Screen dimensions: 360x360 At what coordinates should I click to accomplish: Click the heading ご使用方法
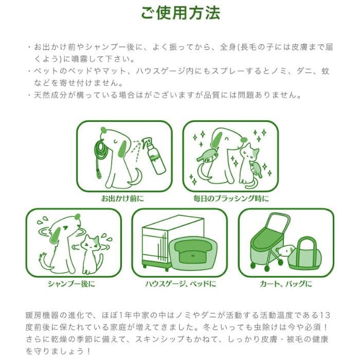(180, 12)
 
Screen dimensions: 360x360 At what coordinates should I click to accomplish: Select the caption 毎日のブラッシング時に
(231, 198)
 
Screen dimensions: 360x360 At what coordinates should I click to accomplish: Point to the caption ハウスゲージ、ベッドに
(179, 283)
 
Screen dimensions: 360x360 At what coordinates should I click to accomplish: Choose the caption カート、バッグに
(286, 283)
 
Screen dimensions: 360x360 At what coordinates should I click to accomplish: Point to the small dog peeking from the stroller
(285, 250)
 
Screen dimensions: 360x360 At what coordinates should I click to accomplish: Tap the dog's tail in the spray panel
(135, 178)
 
